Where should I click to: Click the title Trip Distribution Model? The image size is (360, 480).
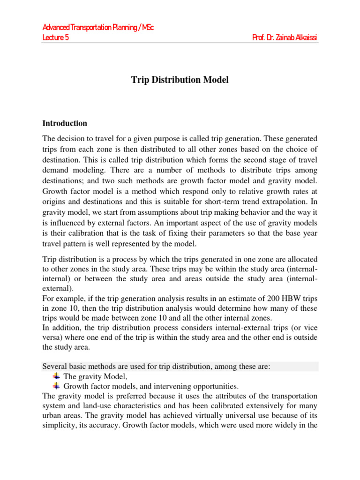pyautogui.click(x=180, y=80)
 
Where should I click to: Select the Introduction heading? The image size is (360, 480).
pyautogui.click(x=65, y=124)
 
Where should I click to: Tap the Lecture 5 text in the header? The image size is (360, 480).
pyautogui.click(x=56, y=37)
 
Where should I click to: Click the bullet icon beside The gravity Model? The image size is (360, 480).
pyautogui.click(x=56, y=376)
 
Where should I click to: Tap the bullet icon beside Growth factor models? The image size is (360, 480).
pyautogui.click(x=56, y=386)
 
